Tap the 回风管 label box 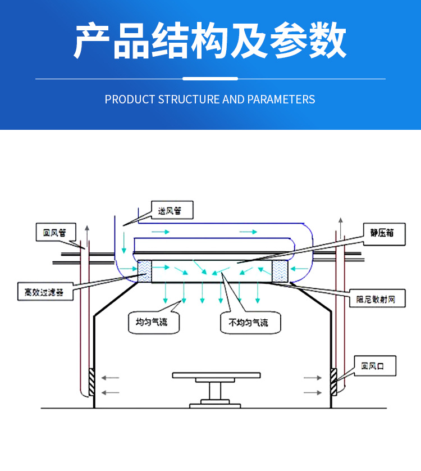click(54, 232)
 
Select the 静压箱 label click(381, 232)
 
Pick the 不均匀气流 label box click(248, 323)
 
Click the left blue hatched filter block click(145, 271)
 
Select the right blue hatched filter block click(280, 271)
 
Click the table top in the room click(216, 374)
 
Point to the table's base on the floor click(216, 404)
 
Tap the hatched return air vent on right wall click(333, 382)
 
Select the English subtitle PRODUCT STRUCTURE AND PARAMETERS click(210, 99)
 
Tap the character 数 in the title click(327, 42)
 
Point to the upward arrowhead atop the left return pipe click(87, 228)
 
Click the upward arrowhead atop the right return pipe click(340, 219)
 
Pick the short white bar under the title click(210, 79)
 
